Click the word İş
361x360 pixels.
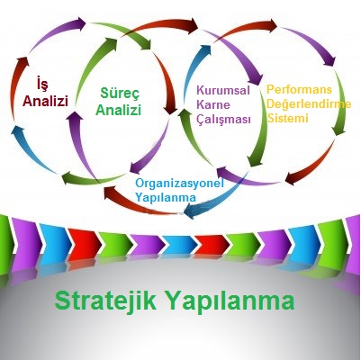pos(41,84)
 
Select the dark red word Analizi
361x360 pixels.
pos(45,101)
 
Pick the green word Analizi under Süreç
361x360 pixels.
pos(118,110)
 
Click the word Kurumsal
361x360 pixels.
pos(223,90)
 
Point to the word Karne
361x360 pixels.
pos(213,105)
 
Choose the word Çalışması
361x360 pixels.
pos(223,120)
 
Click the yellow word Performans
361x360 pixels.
pos(299,89)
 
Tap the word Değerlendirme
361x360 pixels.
pos(309,103)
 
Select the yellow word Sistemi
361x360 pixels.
pos(288,118)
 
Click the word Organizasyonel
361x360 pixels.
pos(180,184)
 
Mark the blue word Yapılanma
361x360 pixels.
pos(166,198)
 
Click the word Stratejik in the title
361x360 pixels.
pos(105,301)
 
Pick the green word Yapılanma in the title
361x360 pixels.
pos(229,301)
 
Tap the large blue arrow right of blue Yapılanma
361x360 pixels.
pos(216,196)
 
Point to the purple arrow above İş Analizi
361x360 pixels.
pos(57,32)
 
